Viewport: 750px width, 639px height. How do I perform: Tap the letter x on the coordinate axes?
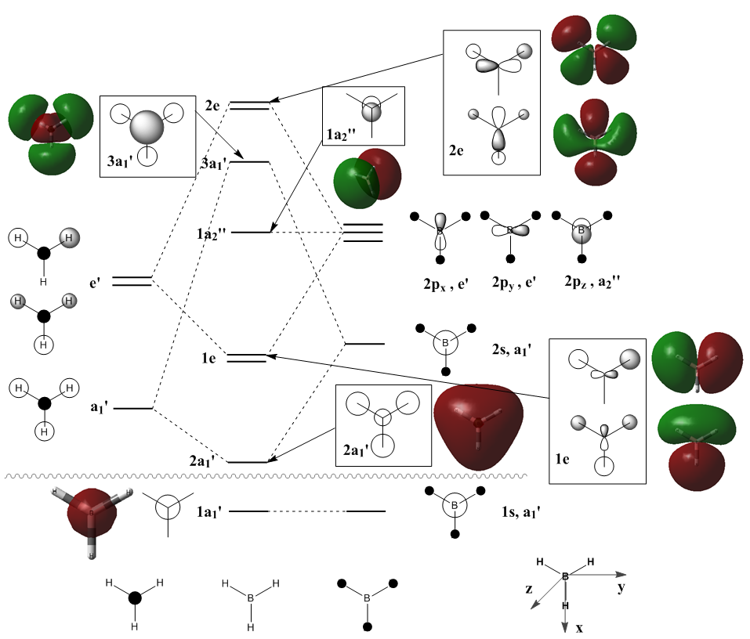(580, 628)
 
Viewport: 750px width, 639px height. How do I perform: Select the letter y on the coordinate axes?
(621, 587)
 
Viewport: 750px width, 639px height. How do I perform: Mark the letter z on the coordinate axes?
(529, 588)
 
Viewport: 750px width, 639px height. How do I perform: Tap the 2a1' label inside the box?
(357, 449)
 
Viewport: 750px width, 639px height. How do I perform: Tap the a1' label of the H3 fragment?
(98, 407)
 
